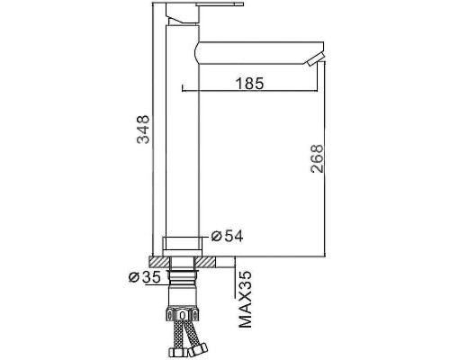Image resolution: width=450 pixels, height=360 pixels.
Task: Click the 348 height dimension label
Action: tap(143, 130)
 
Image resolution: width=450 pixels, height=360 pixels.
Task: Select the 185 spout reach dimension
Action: tap(249, 83)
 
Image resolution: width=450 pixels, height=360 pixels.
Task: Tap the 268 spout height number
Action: tap(317, 158)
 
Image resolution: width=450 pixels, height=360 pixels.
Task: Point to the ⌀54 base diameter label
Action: tap(227, 236)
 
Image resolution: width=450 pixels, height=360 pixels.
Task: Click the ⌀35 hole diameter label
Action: tap(144, 277)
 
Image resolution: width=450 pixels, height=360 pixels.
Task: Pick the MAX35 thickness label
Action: tap(245, 299)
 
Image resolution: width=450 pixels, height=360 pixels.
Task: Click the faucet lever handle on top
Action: tap(220, 4)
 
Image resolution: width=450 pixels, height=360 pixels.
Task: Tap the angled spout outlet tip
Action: tap(315, 58)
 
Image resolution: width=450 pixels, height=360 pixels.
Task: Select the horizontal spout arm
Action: tap(259, 53)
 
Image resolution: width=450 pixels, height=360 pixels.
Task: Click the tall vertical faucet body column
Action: tap(183, 131)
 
